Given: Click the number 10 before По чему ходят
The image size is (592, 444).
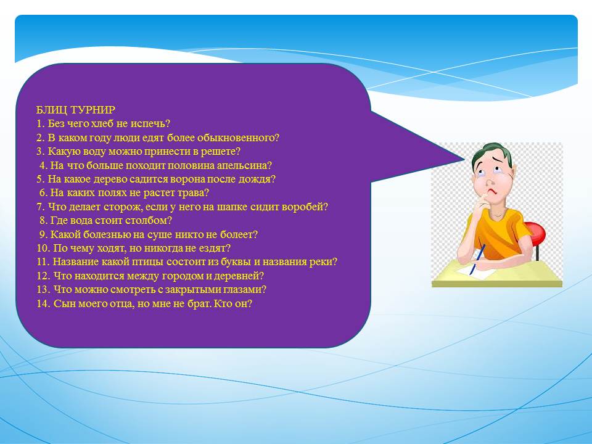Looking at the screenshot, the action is click(42, 249).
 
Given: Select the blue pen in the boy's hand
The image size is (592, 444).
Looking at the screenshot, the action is click(477, 259).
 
